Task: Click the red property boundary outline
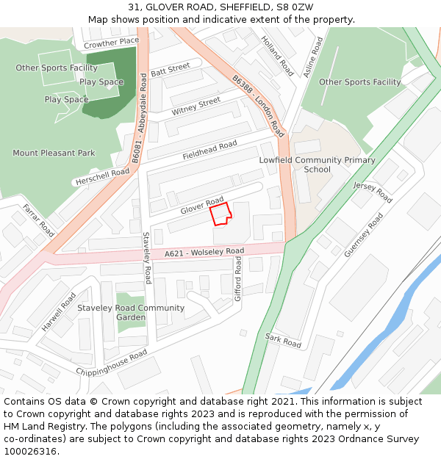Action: (x=220, y=214)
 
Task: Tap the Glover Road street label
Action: (x=202, y=206)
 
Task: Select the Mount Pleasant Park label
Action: (x=54, y=153)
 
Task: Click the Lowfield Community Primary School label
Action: (x=317, y=165)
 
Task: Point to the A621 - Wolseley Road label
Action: (x=204, y=253)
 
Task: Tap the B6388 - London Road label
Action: (x=258, y=106)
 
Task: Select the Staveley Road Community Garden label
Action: (x=131, y=313)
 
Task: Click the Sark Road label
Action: (x=283, y=340)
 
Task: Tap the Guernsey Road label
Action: (x=363, y=236)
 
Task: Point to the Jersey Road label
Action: (x=373, y=192)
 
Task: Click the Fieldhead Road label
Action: (x=209, y=151)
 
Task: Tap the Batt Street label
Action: (x=170, y=71)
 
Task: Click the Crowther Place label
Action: (x=111, y=43)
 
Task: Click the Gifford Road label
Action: (x=238, y=280)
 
